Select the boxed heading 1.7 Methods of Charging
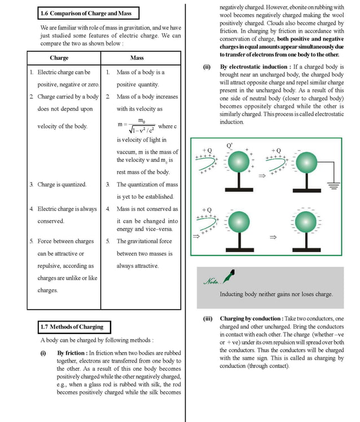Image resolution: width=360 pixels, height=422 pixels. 72,327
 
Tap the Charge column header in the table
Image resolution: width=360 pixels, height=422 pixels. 59,58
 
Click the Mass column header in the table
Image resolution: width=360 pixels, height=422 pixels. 137,58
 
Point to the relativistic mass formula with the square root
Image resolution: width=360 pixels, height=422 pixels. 138,126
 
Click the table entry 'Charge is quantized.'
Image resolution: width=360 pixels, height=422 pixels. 62,184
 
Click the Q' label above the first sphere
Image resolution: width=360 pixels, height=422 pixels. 230,146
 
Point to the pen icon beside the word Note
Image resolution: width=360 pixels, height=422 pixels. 229,277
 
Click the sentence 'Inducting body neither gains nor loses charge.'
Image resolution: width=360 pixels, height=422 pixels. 276,294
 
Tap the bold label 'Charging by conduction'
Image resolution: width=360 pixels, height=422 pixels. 251,319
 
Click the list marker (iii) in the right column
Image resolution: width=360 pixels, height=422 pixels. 208,319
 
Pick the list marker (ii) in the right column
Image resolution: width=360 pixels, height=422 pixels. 207,67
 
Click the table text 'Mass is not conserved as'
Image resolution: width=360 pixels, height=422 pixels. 147,209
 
